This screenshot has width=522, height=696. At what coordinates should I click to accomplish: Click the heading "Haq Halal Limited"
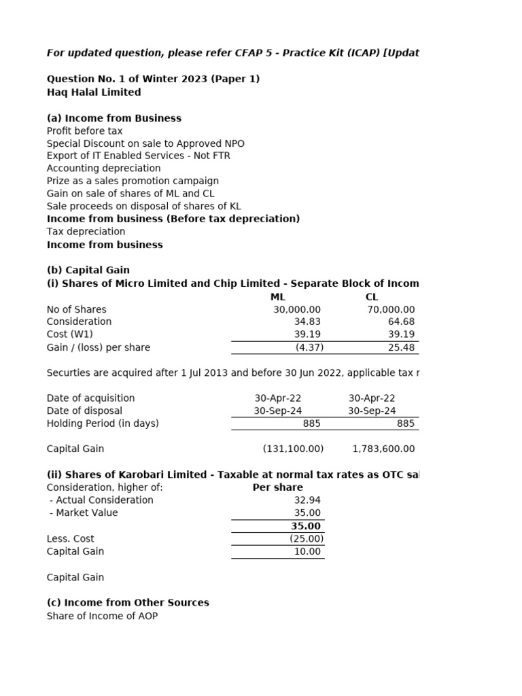click(x=94, y=92)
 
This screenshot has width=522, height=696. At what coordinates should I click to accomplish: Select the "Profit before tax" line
click(x=84, y=130)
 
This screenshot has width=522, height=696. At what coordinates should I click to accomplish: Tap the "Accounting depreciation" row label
click(x=103, y=168)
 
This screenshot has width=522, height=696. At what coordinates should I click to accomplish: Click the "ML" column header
click(x=277, y=297)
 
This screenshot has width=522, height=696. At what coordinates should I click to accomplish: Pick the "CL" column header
click(x=372, y=297)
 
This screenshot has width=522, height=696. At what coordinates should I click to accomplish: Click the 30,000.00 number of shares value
click(x=296, y=309)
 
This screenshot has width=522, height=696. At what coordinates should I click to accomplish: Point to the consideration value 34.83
click(x=307, y=321)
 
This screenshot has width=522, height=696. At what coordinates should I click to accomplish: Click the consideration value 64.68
click(x=401, y=321)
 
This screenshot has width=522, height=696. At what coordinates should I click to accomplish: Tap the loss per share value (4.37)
click(x=309, y=347)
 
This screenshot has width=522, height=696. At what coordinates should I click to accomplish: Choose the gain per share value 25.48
click(x=401, y=347)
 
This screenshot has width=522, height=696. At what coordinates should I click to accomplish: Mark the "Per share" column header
click(x=277, y=487)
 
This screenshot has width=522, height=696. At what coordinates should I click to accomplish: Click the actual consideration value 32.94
click(x=307, y=500)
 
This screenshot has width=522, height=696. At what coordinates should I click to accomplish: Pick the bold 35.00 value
click(x=306, y=526)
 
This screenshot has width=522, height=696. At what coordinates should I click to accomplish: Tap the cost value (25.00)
click(x=307, y=539)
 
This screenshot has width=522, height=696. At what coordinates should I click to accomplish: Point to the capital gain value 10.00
click(x=307, y=552)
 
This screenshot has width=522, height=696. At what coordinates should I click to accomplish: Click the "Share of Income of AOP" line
click(x=102, y=616)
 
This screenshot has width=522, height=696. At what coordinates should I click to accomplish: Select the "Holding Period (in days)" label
click(x=103, y=423)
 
